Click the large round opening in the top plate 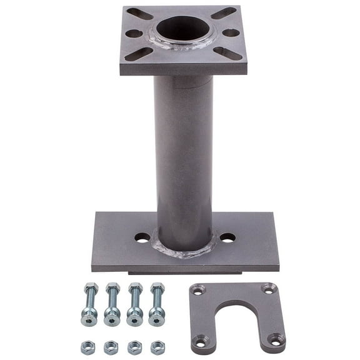click(x=183, y=29)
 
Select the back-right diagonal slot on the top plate click(x=224, y=12)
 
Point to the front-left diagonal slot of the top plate click(x=139, y=54)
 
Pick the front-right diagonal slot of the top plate click(x=227, y=53)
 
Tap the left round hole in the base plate click(x=142, y=237)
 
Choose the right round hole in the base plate click(x=227, y=237)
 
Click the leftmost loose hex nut click(x=88, y=347)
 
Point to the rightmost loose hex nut click(x=157, y=347)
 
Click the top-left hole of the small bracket click(x=198, y=290)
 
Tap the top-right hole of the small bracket click(x=269, y=289)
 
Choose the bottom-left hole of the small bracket click(x=201, y=341)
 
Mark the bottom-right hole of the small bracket click(x=276, y=339)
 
